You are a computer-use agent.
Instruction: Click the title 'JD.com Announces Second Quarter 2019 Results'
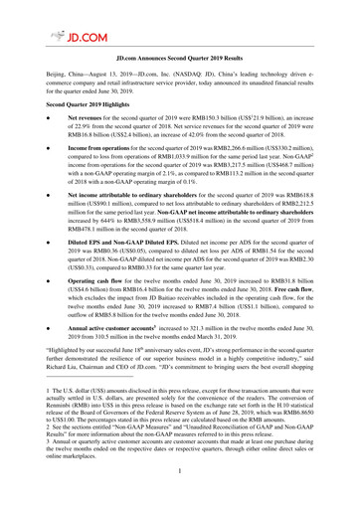click(x=180, y=60)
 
